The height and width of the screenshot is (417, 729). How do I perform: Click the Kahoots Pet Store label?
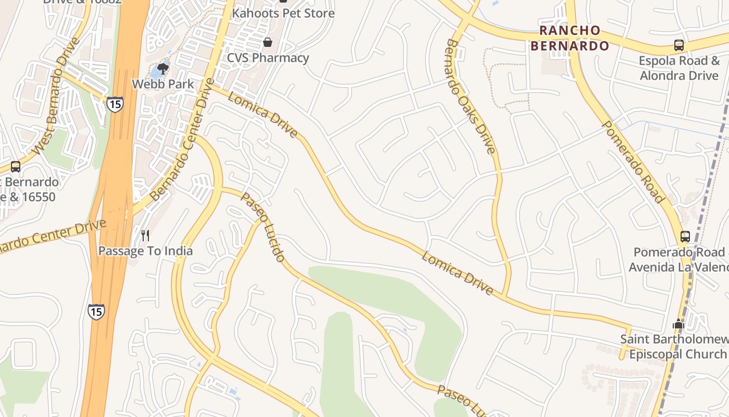tap(283, 13)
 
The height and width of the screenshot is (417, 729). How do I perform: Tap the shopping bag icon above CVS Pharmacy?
tap(268, 42)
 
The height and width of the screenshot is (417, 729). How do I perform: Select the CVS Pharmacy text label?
tap(268, 58)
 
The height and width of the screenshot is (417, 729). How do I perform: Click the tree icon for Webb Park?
tap(163, 68)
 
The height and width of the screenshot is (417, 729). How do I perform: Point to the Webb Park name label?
tap(162, 84)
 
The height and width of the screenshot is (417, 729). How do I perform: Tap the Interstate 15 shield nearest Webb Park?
tap(115, 104)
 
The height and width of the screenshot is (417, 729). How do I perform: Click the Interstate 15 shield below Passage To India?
tap(96, 311)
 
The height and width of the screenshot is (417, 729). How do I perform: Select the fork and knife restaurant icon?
tap(145, 236)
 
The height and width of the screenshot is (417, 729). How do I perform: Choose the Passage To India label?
tap(145, 251)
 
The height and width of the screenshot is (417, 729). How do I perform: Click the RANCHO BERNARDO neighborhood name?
tap(569, 38)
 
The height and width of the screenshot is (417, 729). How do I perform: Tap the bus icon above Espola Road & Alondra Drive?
tap(678, 45)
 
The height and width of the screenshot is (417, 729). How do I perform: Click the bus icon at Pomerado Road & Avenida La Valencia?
tap(685, 236)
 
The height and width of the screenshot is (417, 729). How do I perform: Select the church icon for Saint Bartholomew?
tap(678, 324)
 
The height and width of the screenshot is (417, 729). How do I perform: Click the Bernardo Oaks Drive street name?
tap(469, 96)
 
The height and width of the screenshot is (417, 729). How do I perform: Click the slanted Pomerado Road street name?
tap(633, 162)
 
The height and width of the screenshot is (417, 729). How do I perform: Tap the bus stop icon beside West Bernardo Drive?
tap(16, 167)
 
